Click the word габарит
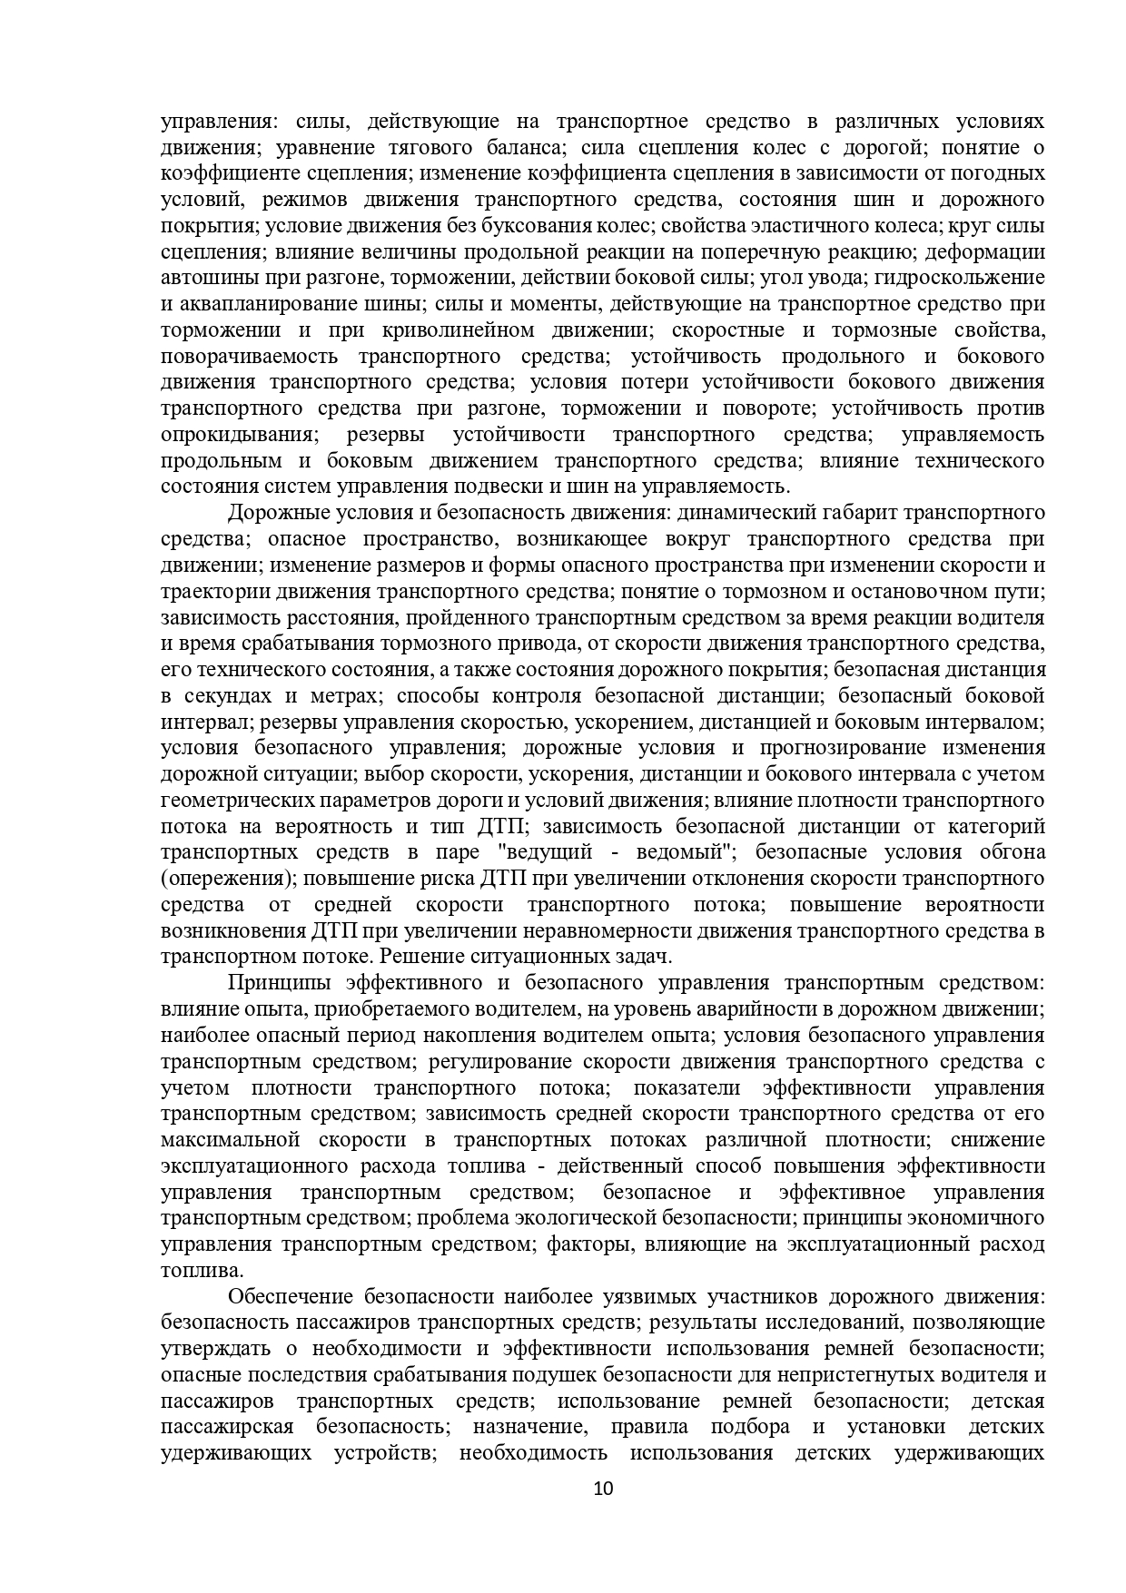coord(831,513)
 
